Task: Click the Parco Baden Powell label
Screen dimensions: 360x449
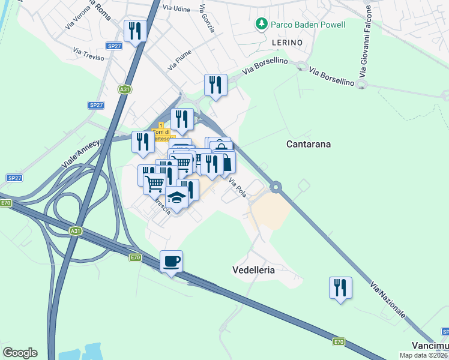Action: click(x=308, y=25)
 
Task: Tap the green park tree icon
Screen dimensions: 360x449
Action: click(x=261, y=24)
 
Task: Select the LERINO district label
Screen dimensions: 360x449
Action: click(x=286, y=43)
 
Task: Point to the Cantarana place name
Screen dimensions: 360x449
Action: click(x=309, y=144)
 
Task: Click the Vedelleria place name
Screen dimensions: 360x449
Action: click(x=253, y=270)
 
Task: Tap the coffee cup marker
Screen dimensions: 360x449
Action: click(x=172, y=262)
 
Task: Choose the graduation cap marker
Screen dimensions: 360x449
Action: click(x=176, y=197)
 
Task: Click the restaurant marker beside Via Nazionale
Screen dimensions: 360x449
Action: click(x=340, y=287)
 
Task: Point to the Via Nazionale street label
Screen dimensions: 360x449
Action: click(x=387, y=299)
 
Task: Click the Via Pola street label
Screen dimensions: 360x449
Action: click(x=238, y=190)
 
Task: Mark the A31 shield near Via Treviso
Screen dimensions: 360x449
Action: click(x=124, y=89)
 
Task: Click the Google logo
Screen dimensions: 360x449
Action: click(x=20, y=353)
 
